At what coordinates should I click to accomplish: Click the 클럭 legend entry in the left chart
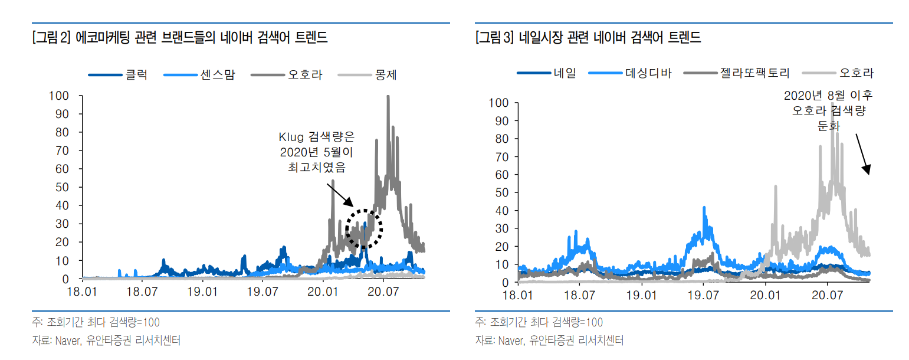point(118,75)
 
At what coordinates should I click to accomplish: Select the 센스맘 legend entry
point(199,75)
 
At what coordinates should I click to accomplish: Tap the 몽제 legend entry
point(367,75)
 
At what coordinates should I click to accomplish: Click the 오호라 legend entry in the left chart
point(287,75)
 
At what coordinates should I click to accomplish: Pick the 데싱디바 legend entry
point(630,73)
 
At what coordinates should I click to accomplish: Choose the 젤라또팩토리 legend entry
point(737,73)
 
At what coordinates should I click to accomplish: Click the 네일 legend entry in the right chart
point(547,73)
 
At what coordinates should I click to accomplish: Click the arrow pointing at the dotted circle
point(340,195)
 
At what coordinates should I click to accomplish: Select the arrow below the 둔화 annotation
point(863,154)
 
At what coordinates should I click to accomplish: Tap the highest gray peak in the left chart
point(388,97)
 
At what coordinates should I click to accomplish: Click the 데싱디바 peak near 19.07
point(704,208)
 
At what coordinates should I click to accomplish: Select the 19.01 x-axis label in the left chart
point(202,292)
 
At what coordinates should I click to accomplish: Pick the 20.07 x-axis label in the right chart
point(827,294)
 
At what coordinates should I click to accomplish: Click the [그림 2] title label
point(51,37)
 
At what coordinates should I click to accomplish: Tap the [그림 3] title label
point(495,37)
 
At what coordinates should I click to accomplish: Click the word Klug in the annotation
point(291,137)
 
